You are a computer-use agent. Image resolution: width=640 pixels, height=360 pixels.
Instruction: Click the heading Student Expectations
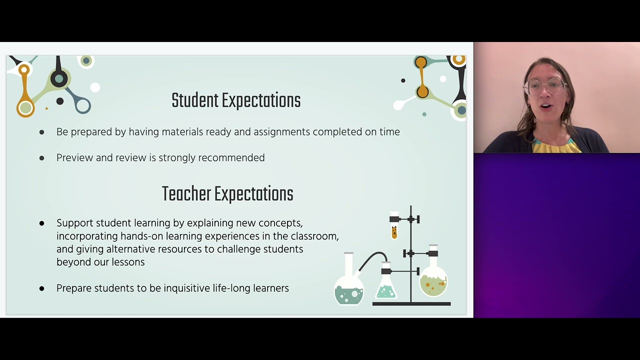pos(236,101)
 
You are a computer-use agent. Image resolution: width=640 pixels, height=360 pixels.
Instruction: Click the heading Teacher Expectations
pos(227,194)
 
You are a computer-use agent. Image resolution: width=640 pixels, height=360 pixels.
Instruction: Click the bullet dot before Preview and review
pos(41,158)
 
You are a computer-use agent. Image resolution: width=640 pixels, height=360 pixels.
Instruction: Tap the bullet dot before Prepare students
pos(41,288)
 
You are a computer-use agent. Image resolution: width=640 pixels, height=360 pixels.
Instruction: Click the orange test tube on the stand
pos(394,231)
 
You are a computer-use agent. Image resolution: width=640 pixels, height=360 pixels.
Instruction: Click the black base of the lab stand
pos(411,303)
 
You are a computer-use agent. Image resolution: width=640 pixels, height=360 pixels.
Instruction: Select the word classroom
pos(314,236)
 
